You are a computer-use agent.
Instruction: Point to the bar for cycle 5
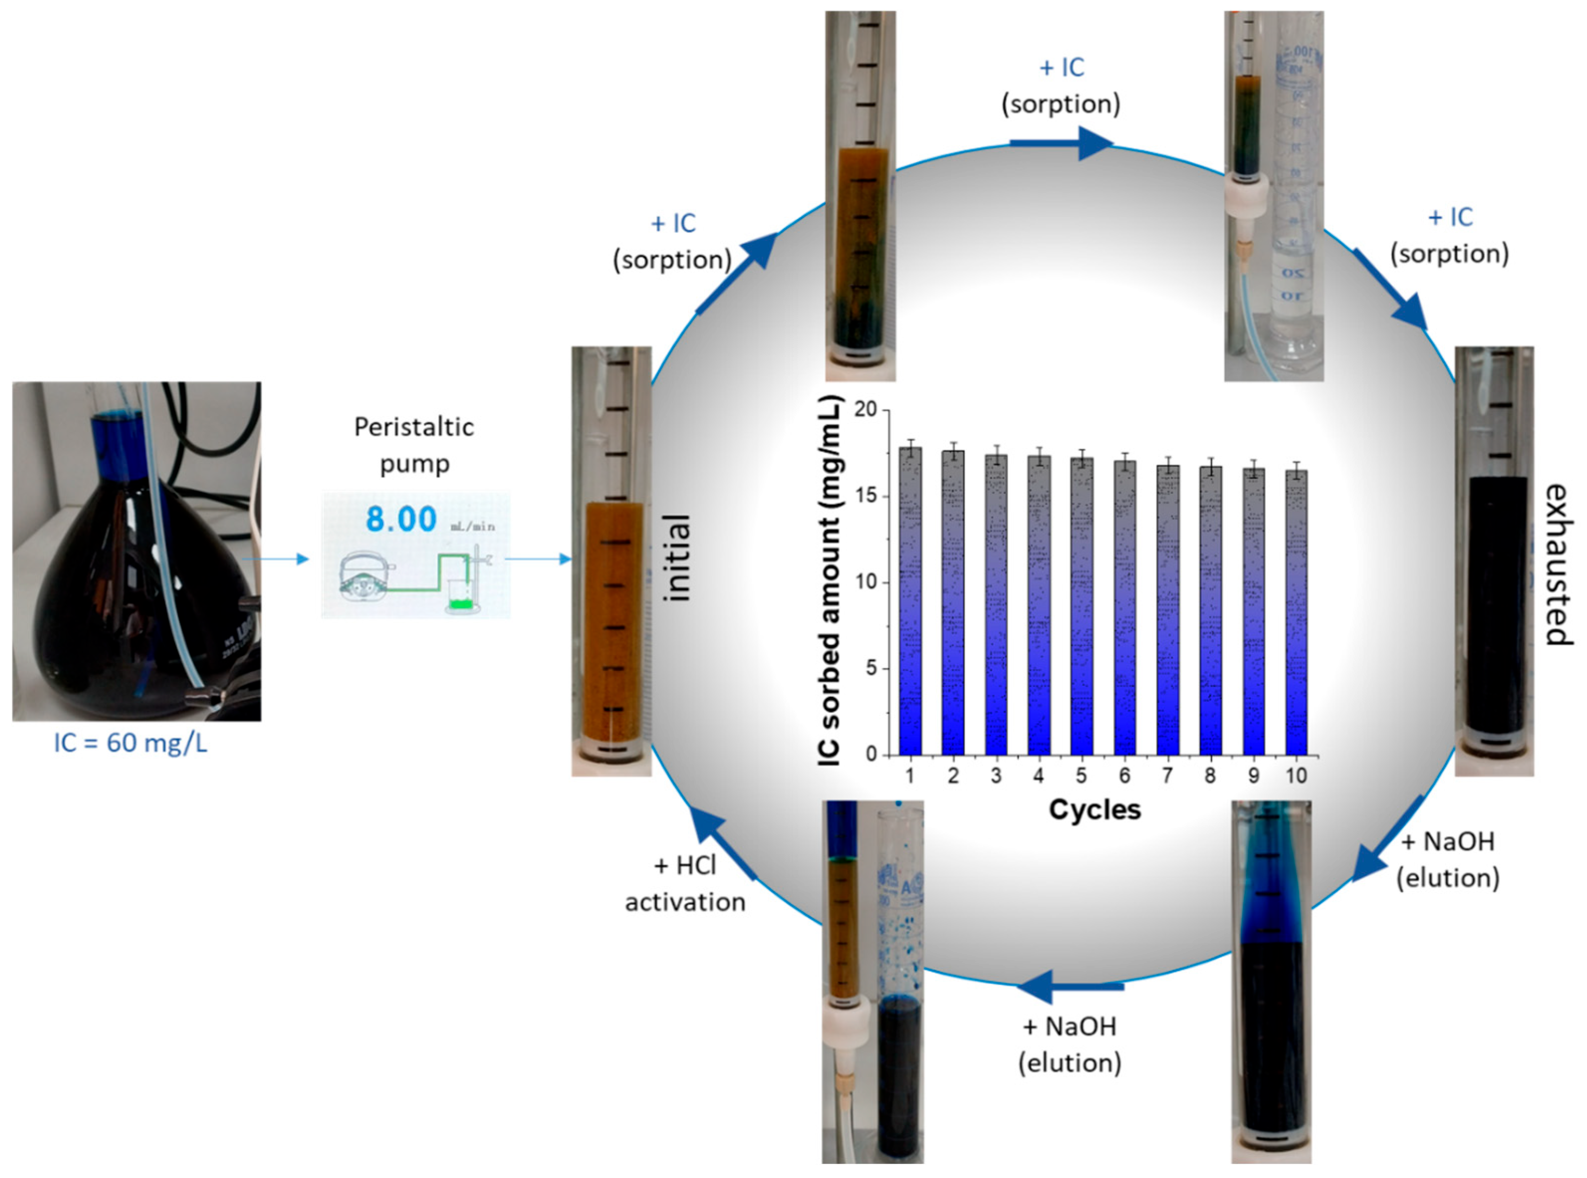1082,606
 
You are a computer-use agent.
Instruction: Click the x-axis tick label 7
1167,776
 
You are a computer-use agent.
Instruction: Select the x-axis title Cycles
1094,810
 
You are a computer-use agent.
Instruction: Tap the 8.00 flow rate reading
401,519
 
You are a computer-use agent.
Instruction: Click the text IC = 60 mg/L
130,743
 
